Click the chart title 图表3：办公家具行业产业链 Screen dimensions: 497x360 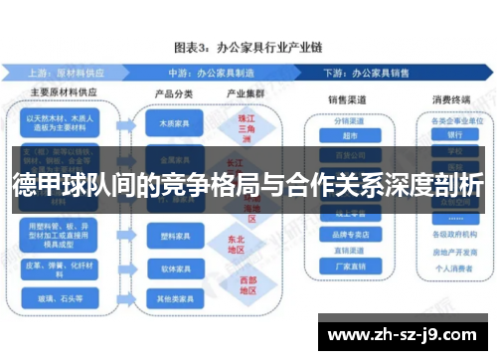pyautogui.click(x=248, y=46)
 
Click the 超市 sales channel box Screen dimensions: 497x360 pyautogui.click(x=349, y=135)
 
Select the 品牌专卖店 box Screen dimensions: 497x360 pyautogui.click(x=349, y=235)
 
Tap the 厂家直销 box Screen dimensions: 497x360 pyautogui.click(x=349, y=267)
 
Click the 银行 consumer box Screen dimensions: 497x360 pyautogui.click(x=454, y=135)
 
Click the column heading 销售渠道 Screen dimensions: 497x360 pyautogui.click(x=349, y=99)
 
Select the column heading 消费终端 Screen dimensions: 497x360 pyautogui.click(x=453, y=99)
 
